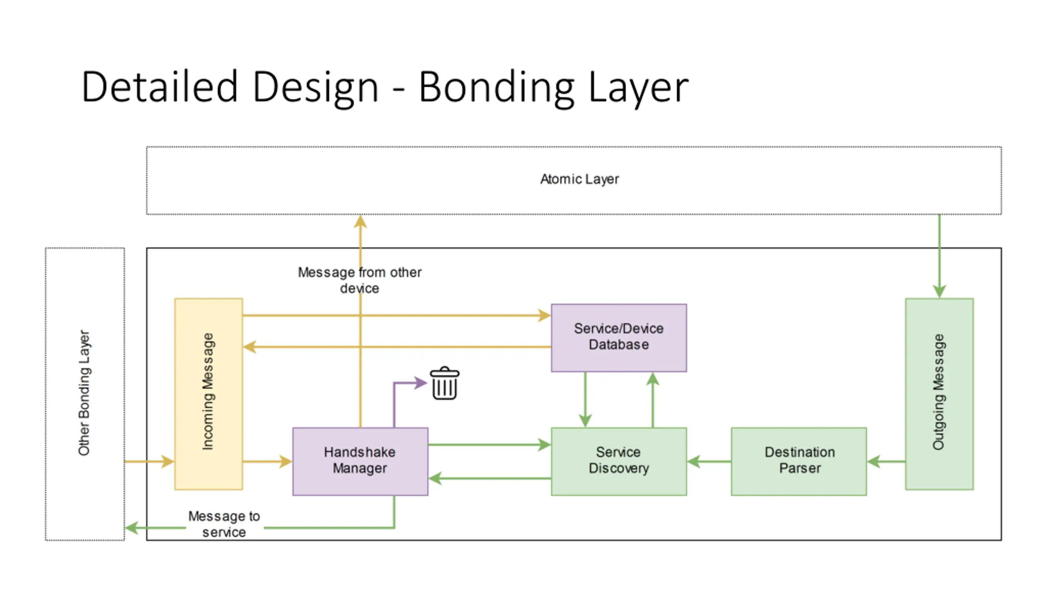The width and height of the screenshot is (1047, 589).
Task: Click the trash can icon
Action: tap(445, 383)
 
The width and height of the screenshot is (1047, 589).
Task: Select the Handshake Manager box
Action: tap(360, 461)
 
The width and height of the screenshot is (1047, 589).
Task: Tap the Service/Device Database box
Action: tap(619, 337)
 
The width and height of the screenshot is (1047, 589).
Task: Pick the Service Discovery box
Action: tap(619, 461)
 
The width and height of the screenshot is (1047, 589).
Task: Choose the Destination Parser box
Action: tap(799, 461)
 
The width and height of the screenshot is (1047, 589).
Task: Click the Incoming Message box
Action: tap(209, 394)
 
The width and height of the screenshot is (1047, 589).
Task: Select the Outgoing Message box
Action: tap(939, 394)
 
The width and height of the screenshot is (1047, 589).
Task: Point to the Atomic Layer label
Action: tap(580, 179)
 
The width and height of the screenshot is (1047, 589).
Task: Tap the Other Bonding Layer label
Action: tap(84, 393)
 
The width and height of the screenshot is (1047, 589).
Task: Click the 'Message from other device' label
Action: tap(359, 280)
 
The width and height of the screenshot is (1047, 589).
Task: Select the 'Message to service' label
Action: tap(224, 524)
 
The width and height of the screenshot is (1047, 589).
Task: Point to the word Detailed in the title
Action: tap(160, 86)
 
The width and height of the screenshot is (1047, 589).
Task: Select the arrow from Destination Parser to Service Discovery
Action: tap(709, 461)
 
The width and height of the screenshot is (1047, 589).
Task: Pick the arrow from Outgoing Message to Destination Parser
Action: tap(886, 461)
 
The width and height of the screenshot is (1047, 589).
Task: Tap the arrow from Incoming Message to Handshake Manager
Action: tap(267, 461)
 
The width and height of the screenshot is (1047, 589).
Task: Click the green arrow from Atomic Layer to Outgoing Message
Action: tap(939, 256)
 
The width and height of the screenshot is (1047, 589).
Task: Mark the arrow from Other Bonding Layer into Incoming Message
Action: tap(149, 461)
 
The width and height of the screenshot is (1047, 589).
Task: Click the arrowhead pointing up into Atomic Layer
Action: tap(360, 222)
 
